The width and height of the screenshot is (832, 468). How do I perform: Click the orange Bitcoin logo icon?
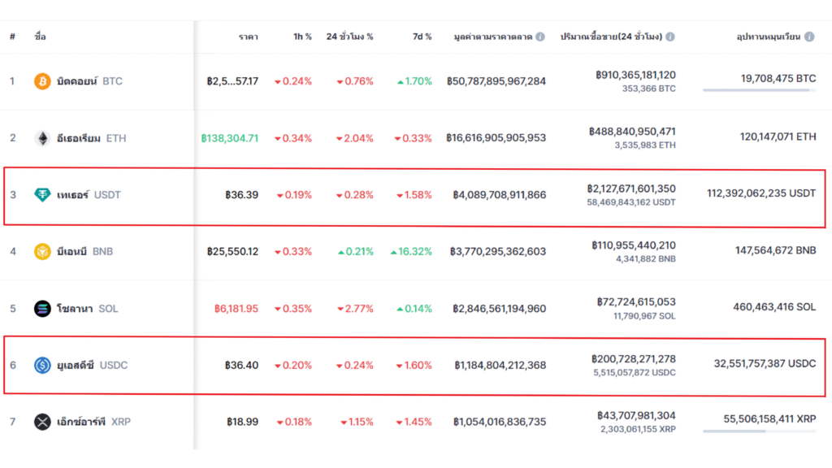[x=41, y=81]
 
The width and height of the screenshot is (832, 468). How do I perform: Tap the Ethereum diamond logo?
[x=41, y=138]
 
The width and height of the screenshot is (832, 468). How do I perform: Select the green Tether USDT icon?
[x=41, y=195]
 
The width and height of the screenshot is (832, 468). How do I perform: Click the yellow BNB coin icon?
[x=41, y=252]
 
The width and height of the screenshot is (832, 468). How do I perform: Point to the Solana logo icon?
[x=41, y=309]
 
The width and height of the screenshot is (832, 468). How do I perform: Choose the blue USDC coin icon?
[x=41, y=366]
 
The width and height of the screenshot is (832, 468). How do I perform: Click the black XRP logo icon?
[x=41, y=422]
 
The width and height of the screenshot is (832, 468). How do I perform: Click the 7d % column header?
[x=422, y=37]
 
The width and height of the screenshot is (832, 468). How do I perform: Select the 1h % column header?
[x=302, y=37]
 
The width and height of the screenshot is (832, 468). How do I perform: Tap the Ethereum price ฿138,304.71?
[x=230, y=138]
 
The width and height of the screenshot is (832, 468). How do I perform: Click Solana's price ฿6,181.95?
[x=236, y=309]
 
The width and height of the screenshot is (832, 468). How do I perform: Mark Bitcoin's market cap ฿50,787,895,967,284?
[x=496, y=81]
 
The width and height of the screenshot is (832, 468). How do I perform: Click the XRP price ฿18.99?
[x=242, y=422]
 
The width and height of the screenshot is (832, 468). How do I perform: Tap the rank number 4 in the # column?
[x=12, y=252]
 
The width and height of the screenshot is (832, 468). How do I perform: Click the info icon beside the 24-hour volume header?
[x=670, y=37]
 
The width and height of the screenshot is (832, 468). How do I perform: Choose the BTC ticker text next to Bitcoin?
[x=113, y=81]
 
